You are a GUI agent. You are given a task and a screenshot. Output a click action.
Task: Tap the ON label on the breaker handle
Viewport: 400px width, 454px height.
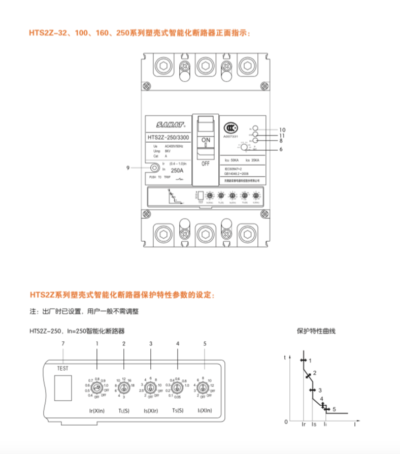206,140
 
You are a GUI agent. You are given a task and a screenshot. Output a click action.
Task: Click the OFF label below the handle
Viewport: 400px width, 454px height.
206,164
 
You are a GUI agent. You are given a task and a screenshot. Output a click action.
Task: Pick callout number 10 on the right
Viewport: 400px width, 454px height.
282,129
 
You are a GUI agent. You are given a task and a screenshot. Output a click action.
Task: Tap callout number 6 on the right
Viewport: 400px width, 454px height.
281,149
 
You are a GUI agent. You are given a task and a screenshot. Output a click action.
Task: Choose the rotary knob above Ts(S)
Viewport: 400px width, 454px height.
178,388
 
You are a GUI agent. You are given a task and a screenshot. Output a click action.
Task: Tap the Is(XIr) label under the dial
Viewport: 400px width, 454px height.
151,410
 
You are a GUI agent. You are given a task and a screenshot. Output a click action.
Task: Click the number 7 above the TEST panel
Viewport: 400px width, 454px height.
62,344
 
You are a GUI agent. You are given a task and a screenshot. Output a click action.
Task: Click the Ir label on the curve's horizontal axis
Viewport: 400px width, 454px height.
304,423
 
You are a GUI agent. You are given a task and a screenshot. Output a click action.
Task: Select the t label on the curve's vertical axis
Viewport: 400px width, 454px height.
285,358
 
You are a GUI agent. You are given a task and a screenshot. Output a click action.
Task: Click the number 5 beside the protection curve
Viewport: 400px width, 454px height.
334,409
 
